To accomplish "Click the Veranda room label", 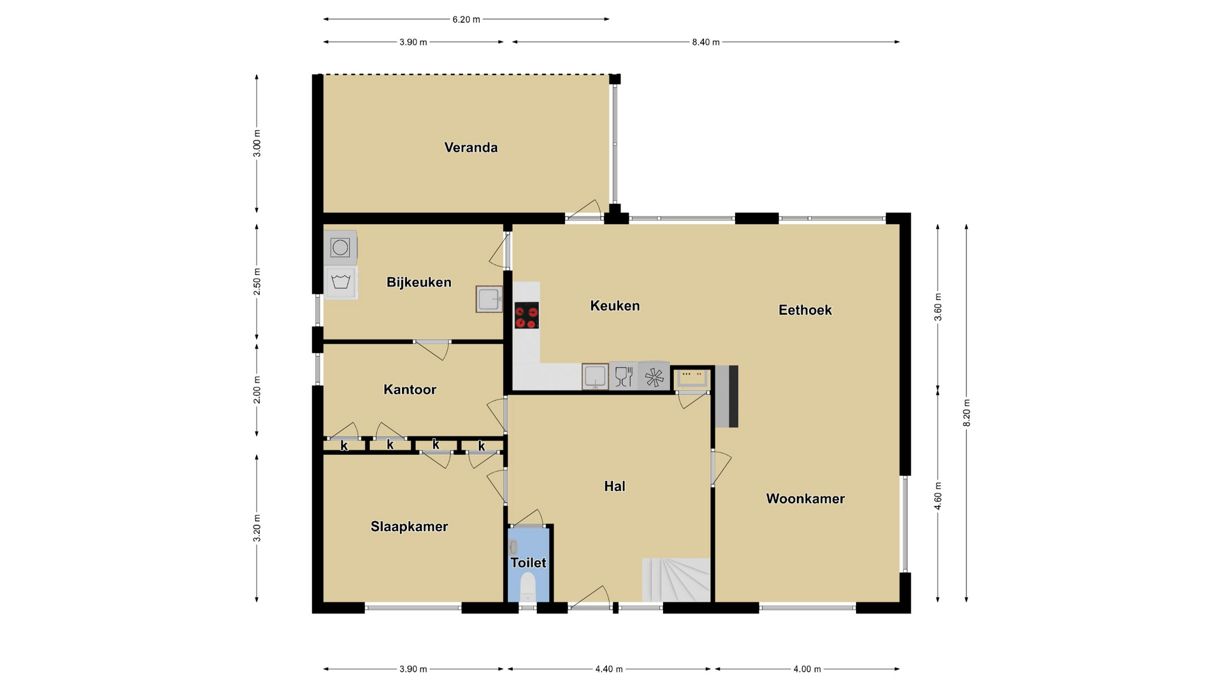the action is coord(471,148).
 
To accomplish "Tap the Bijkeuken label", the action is coord(418,282).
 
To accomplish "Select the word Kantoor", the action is coord(410,389).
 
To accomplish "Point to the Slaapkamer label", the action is coord(409,527).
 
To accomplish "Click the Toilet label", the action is coord(528,563).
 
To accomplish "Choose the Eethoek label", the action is coord(805,310).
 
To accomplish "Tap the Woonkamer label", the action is coord(805,499).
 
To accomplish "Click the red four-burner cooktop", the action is coord(527,315).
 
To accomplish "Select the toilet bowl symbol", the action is coord(528,587).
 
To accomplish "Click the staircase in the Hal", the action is coord(676,580).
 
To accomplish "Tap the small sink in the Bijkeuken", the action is coord(489,299).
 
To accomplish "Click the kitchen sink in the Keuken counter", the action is coord(596,376).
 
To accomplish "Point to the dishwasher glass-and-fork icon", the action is coord(624,376).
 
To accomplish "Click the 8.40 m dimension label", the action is coord(706,43).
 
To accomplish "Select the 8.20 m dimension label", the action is coord(967,413).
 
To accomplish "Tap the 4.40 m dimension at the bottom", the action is coord(609,670).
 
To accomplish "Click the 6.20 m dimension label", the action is coord(466,20).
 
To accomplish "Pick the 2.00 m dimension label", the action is coord(257,390).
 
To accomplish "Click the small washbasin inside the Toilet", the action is coord(513,547).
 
